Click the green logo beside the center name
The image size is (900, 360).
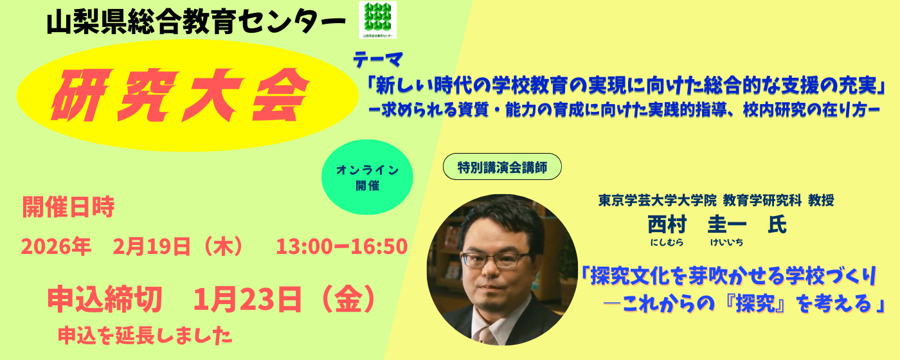coord(378,20)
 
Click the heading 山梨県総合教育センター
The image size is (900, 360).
coord(196,23)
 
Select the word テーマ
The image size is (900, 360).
coord(378,60)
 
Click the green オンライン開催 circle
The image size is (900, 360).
coord(367,177)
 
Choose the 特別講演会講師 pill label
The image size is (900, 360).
coord(502,166)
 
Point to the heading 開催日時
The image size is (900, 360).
coord(68,207)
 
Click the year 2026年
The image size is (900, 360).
coord(56,246)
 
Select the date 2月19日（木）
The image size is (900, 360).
coord(179,246)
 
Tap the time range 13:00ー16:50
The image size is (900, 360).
coord(342,246)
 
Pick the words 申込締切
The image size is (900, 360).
coord(105,300)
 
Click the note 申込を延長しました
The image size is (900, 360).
coord(145,336)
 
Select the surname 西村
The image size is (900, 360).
coord(667,224)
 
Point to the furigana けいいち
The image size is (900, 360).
coord(727,242)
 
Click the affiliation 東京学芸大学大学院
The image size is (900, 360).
coord(657,200)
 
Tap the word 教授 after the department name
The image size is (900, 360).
coord(822,200)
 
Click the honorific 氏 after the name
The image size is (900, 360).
coord(777,224)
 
